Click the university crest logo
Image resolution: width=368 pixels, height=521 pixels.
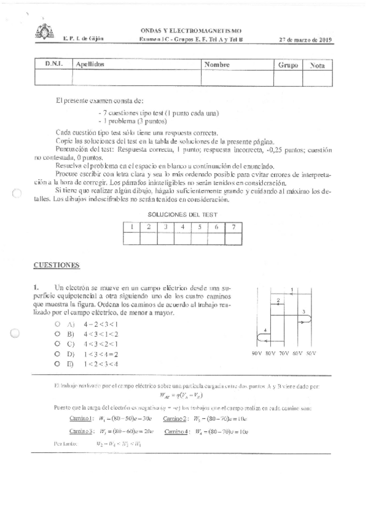click(45, 31)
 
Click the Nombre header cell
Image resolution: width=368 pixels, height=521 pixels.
click(217, 64)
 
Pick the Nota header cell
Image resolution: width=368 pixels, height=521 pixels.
click(318, 65)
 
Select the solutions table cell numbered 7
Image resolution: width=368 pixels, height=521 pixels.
click(233, 226)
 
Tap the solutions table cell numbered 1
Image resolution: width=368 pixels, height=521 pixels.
click(132, 226)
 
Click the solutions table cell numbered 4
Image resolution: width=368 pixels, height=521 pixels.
click(182, 226)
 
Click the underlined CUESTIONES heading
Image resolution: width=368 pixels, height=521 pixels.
click(57, 265)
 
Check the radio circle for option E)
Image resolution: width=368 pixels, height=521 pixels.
click(57, 364)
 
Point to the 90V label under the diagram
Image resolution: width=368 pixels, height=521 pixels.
click(257, 354)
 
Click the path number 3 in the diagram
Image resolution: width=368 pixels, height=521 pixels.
click(303, 312)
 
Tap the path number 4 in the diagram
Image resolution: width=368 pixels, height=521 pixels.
click(265, 331)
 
